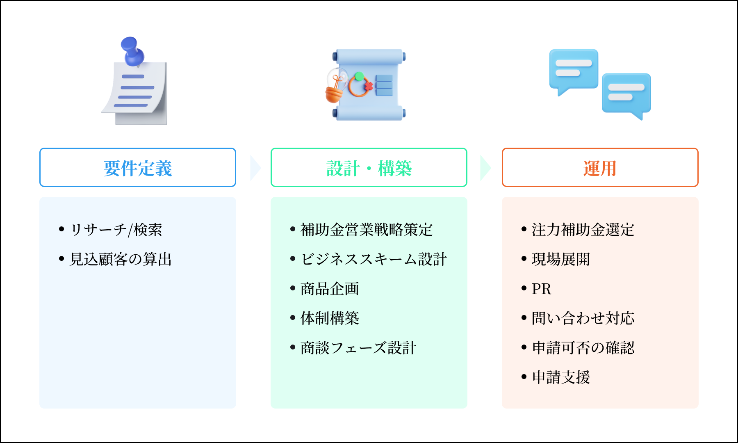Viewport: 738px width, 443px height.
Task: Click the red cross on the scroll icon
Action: pos(369,86)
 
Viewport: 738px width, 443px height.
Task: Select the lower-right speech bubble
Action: pos(626,94)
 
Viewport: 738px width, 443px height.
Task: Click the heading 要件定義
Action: pos(138,168)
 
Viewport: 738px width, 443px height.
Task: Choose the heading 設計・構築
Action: pos(369,168)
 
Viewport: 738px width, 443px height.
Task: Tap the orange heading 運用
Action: pos(600,168)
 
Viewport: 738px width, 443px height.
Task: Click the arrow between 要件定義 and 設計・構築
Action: pos(255,168)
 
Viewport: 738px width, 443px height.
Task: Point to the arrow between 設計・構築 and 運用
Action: pos(485,168)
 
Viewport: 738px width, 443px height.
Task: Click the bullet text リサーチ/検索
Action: pos(116,230)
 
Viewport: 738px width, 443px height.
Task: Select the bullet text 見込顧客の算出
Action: pos(121,259)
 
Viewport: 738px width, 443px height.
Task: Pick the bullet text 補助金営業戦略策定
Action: pos(367,230)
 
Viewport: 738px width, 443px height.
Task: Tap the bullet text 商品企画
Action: pos(330,289)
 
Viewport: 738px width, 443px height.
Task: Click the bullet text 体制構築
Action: pos(330,318)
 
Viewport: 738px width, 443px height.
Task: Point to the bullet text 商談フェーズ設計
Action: pos(358,348)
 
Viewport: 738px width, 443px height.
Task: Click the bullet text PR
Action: pos(541,289)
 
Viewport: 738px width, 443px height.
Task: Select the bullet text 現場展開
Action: pos(560,259)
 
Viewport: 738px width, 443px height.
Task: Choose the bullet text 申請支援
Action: pos(561,377)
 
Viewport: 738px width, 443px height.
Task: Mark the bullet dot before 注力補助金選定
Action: pos(524,229)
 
